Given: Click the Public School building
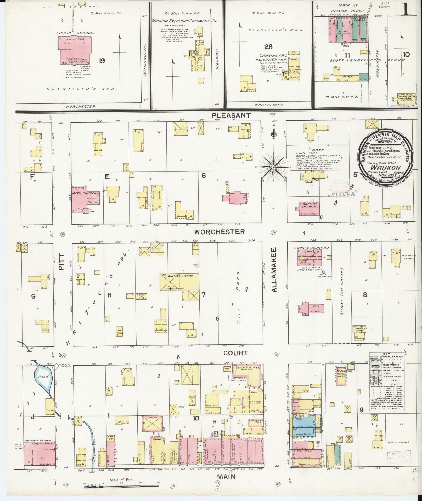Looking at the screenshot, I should tap(75, 50).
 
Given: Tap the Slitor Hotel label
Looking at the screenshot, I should tap(245, 368).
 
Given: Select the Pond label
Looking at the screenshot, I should tap(41, 377).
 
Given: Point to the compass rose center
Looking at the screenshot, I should tap(273, 167).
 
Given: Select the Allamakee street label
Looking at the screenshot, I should tap(274, 270).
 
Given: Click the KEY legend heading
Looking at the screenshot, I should tap(386, 354).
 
